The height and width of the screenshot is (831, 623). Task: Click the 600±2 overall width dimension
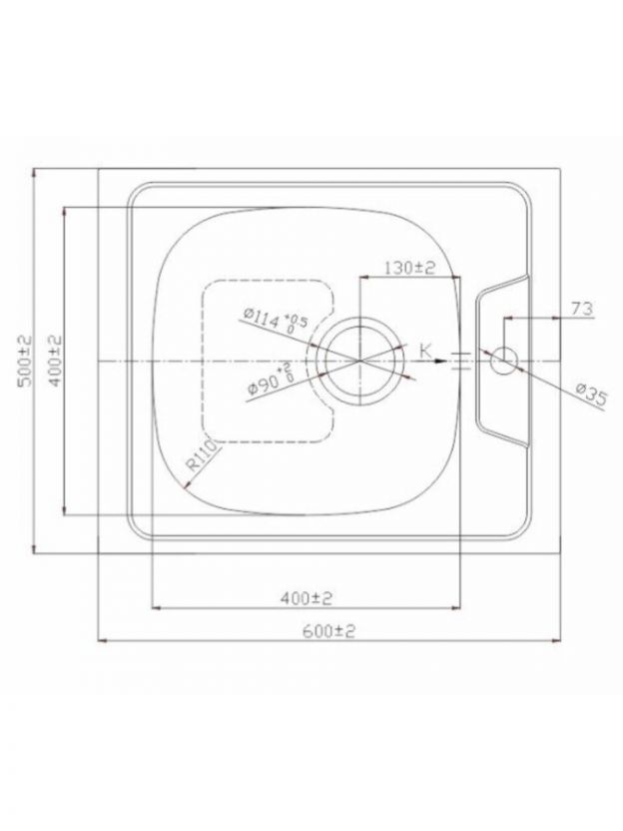[328, 631]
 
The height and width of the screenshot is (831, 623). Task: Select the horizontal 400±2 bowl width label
[307, 598]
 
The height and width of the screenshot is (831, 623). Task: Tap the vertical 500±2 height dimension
[25, 361]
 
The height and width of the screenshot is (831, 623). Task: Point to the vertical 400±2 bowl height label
[55, 361]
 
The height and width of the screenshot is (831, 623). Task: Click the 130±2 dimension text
[409, 268]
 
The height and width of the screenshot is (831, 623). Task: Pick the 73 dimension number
[582, 309]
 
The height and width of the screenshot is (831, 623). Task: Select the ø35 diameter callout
[590, 395]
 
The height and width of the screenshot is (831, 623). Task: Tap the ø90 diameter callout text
[271, 379]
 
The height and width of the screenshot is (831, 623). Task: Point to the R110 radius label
[203, 456]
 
